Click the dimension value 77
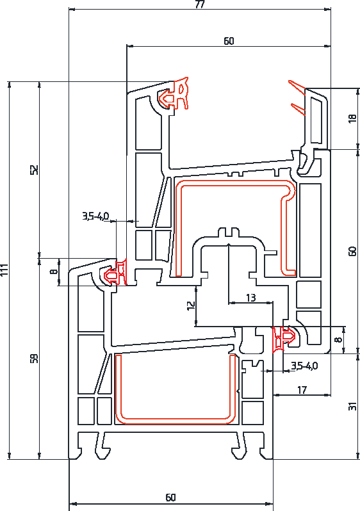(200, 4)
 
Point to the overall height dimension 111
(4, 270)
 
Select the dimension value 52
(35, 170)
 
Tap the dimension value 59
(35, 358)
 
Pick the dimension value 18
(352, 118)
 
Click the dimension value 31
(352, 407)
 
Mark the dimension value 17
(302, 390)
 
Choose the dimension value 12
(191, 305)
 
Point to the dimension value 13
(250, 298)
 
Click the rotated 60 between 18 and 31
(352, 251)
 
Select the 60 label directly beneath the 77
(229, 41)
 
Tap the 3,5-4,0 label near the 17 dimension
(304, 366)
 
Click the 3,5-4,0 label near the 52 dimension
(95, 216)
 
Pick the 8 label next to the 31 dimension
(339, 339)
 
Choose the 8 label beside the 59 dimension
(54, 271)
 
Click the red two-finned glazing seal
(297, 97)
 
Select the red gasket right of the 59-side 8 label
(115, 273)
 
